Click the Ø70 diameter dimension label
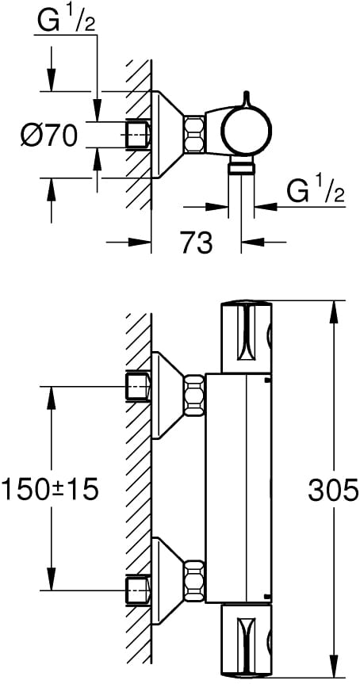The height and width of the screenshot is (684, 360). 49,135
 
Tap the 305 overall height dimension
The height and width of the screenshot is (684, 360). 333,490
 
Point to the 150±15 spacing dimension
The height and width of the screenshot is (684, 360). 50,490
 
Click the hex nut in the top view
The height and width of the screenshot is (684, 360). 193,135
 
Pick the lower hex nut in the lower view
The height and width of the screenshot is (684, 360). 193,579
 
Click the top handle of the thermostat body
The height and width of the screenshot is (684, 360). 247,336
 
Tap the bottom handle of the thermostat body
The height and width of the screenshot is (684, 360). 247,640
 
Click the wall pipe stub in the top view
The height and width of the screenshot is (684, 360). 138,134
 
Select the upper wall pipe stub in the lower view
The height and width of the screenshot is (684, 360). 138,386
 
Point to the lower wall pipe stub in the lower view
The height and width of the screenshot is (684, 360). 138,590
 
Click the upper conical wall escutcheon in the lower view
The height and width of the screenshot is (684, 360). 167,395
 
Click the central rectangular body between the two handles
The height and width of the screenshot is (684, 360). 238,488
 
